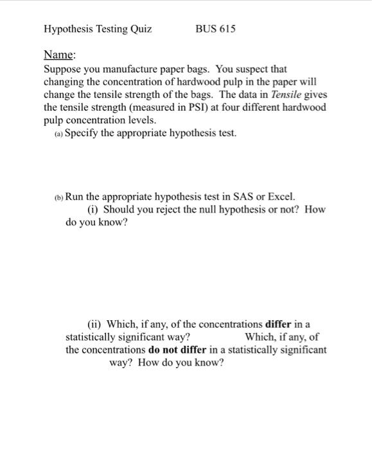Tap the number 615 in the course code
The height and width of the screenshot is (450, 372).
point(227,29)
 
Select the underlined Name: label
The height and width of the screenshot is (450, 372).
point(58,55)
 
